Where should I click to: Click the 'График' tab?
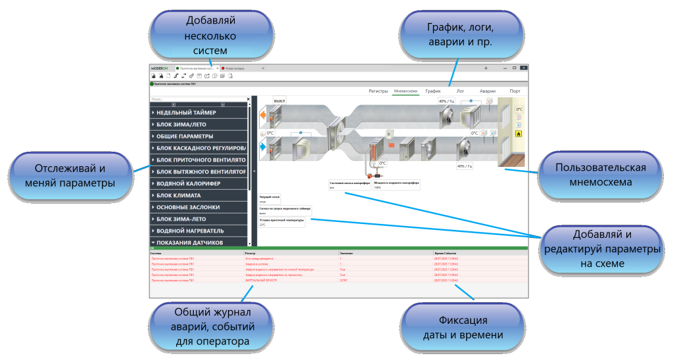pos(432,91)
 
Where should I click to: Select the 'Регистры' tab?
pos(378,91)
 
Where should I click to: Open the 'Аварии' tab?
pos(487,91)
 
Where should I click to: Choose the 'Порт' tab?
pos(515,91)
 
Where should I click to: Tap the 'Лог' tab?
pos(460,91)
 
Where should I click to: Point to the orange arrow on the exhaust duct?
pos(263,116)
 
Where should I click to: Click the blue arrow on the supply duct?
pos(263,148)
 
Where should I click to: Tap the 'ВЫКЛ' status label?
pos(279,102)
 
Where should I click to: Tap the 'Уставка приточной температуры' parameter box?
pos(282,223)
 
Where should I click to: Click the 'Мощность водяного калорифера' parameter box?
pos(396,185)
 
